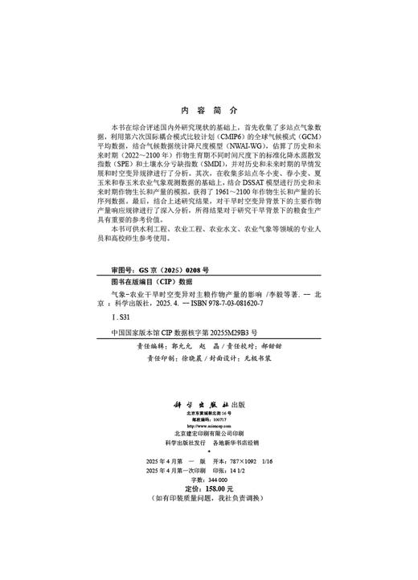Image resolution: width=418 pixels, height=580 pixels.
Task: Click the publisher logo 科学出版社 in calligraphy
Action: [x=201, y=405]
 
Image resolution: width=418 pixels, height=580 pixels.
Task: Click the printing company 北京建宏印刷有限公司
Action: [x=209, y=432]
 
